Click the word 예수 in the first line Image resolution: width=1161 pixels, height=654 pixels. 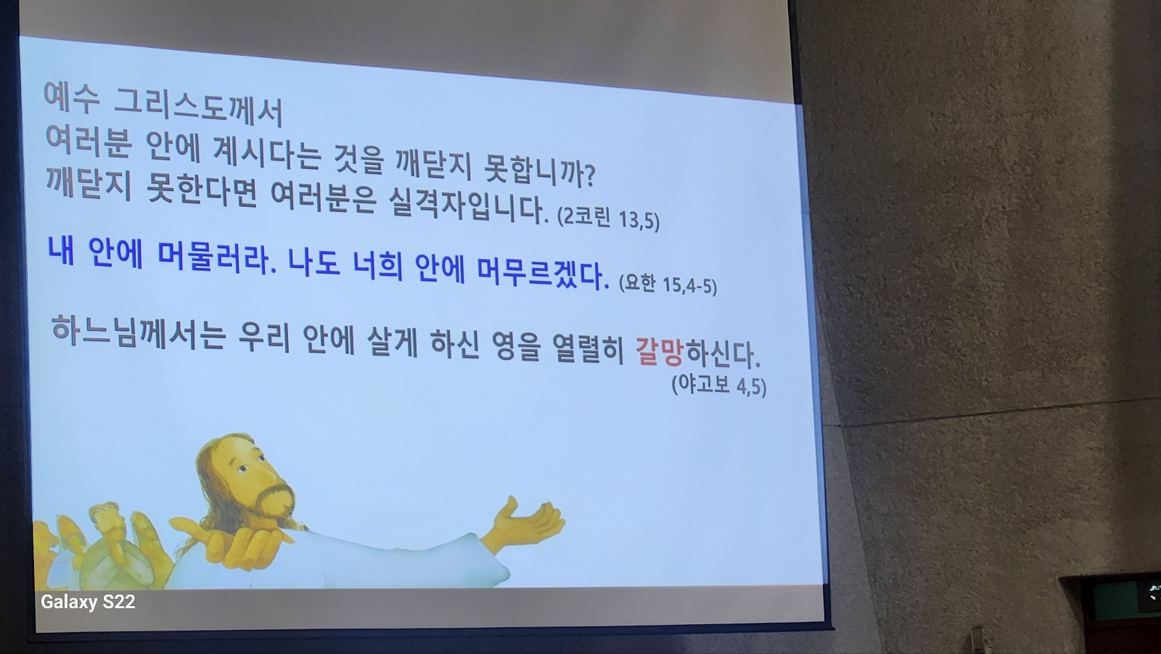(72, 97)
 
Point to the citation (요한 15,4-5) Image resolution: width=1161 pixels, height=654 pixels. (668, 285)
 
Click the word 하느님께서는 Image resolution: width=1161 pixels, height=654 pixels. (139, 332)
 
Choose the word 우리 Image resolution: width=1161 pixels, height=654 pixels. (263, 338)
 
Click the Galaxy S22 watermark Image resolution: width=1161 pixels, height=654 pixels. (88, 602)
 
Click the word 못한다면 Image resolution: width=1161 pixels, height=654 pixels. (202, 191)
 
